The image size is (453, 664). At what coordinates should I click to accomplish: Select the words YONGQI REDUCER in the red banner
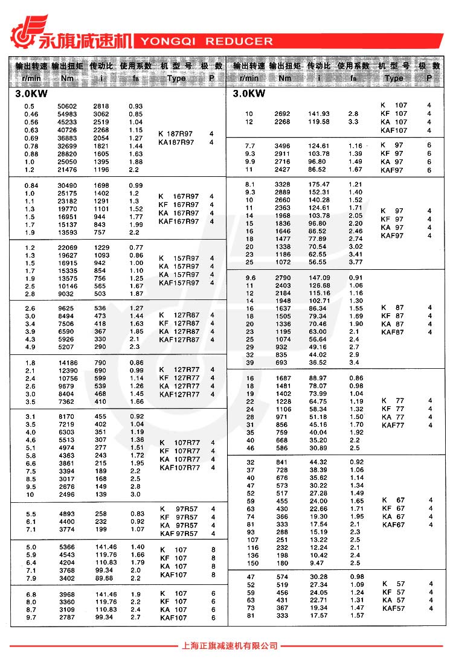coord(206,42)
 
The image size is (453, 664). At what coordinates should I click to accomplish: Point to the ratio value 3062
coord(101,114)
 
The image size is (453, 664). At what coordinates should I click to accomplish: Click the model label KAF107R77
coord(179,468)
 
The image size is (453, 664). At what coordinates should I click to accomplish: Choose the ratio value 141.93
coord(319,114)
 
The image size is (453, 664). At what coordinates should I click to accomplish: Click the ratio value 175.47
coord(319,184)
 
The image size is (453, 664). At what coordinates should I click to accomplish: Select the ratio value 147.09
coord(319,278)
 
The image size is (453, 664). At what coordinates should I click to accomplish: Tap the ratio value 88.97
coord(318,378)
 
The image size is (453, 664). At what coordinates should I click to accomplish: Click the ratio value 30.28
coord(318,577)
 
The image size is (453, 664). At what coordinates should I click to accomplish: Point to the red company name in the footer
coord(229,646)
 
